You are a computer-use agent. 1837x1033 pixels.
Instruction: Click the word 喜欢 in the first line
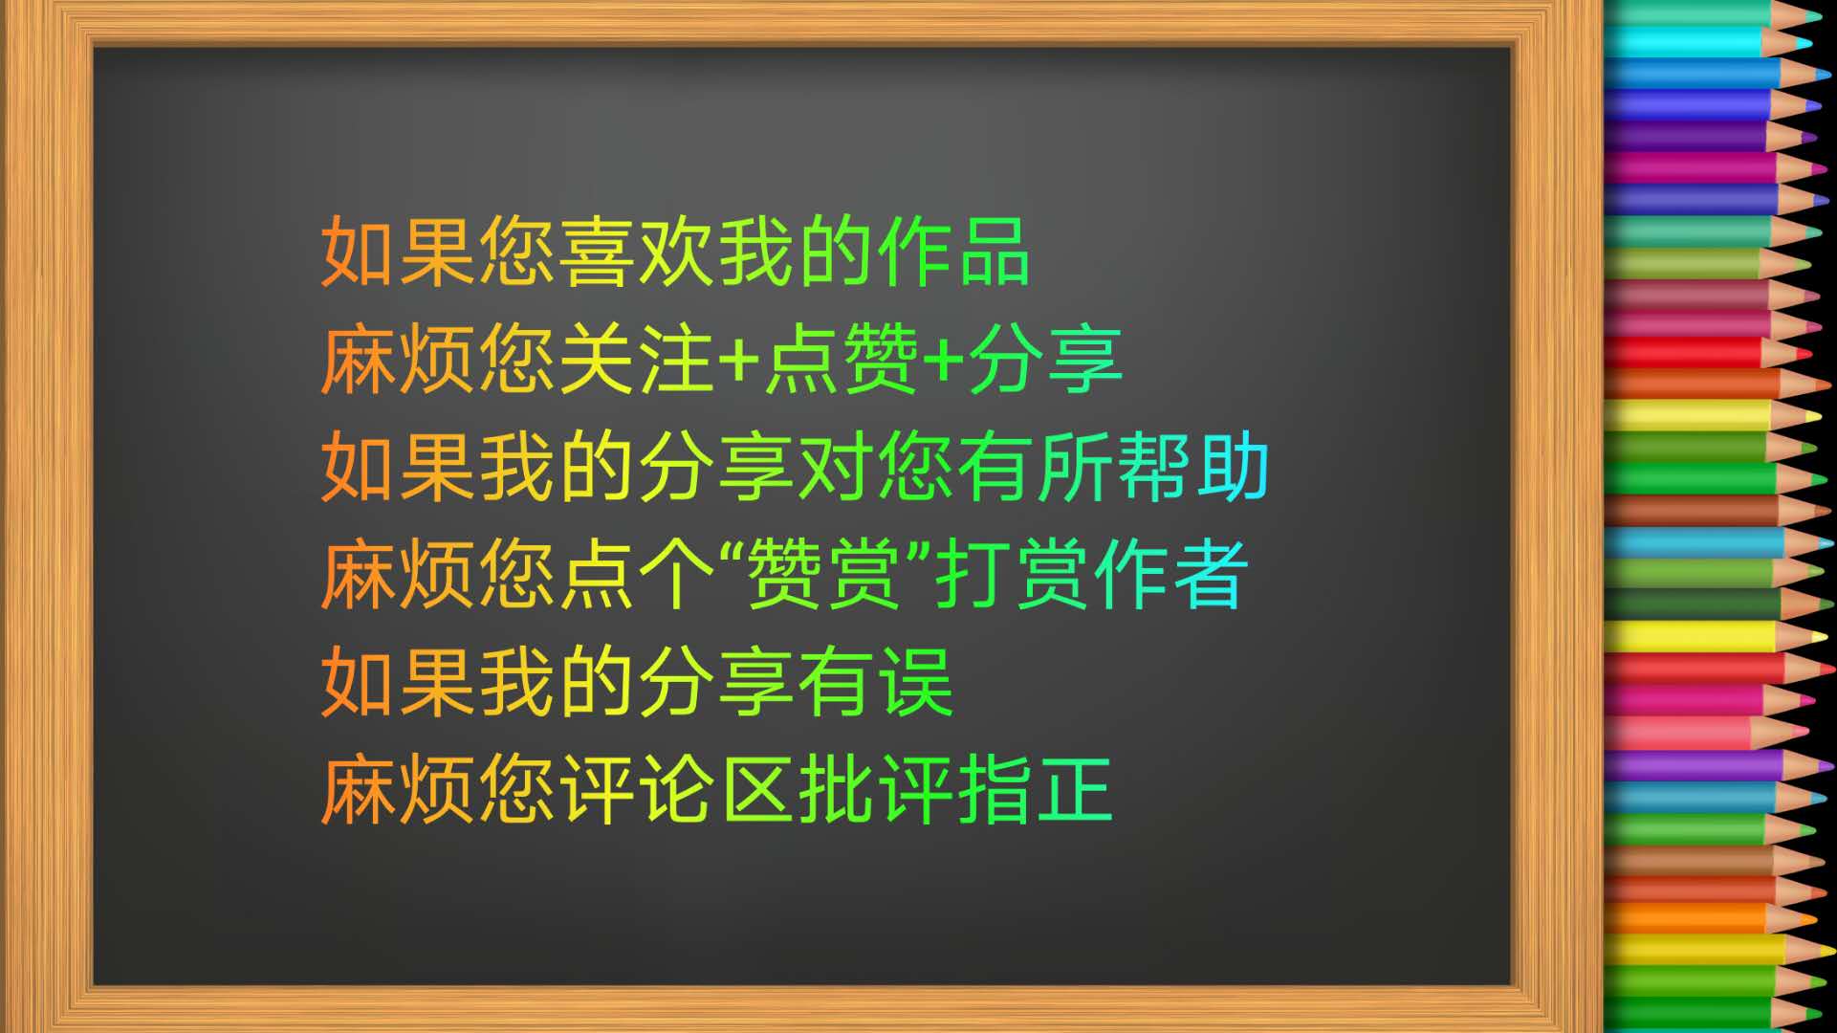pyautogui.click(x=639, y=252)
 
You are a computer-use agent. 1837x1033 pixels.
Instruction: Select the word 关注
pyautogui.click(x=638, y=360)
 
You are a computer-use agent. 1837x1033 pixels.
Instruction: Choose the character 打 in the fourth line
pyautogui.click(x=971, y=575)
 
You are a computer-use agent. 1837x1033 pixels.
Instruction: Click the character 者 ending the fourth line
pyautogui.click(x=1211, y=575)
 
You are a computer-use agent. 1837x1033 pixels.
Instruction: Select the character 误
pyautogui.click(x=916, y=682)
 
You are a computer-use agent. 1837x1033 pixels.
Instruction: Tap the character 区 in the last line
pyautogui.click(x=756, y=790)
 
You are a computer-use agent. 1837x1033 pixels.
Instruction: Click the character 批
pyautogui.click(x=837, y=790)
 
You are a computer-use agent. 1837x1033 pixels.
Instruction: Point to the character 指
pyautogui.click(x=995, y=790)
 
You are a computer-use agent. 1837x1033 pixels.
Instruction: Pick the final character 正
pyautogui.click(x=1075, y=790)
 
